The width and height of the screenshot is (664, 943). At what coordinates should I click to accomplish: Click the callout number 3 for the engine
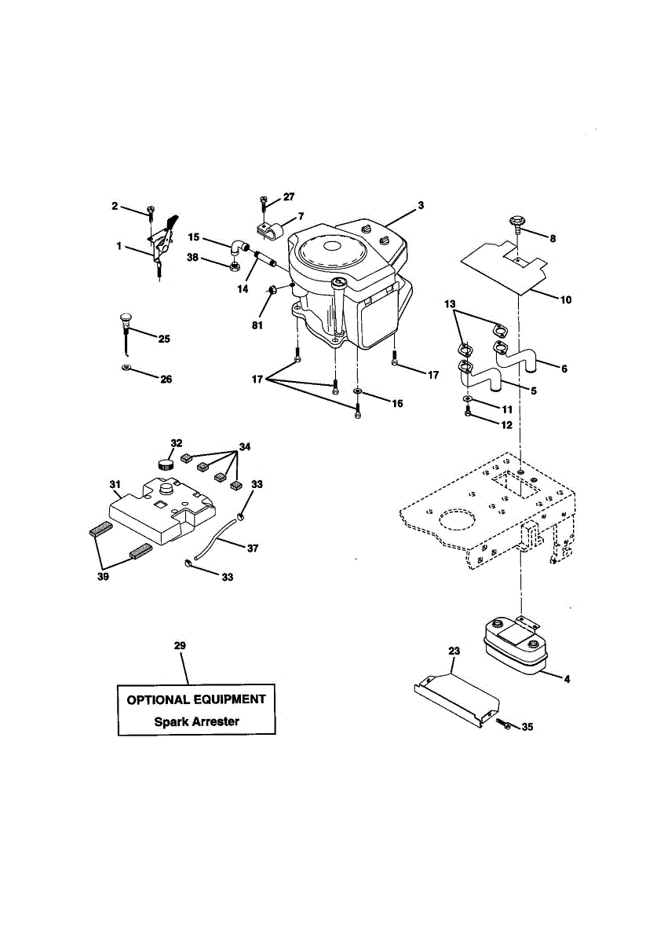(421, 205)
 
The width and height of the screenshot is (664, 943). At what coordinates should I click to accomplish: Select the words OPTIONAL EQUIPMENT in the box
(196, 699)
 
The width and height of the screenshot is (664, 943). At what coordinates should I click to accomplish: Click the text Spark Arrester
(196, 721)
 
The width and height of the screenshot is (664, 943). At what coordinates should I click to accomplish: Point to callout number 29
(180, 645)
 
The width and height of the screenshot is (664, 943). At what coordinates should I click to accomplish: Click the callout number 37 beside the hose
(252, 549)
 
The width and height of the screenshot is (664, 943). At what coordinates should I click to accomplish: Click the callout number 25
(164, 339)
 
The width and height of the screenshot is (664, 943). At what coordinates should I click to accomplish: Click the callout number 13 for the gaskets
(449, 303)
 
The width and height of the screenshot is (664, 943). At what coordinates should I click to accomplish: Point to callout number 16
(397, 403)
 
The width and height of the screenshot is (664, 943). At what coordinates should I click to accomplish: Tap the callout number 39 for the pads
(104, 576)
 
